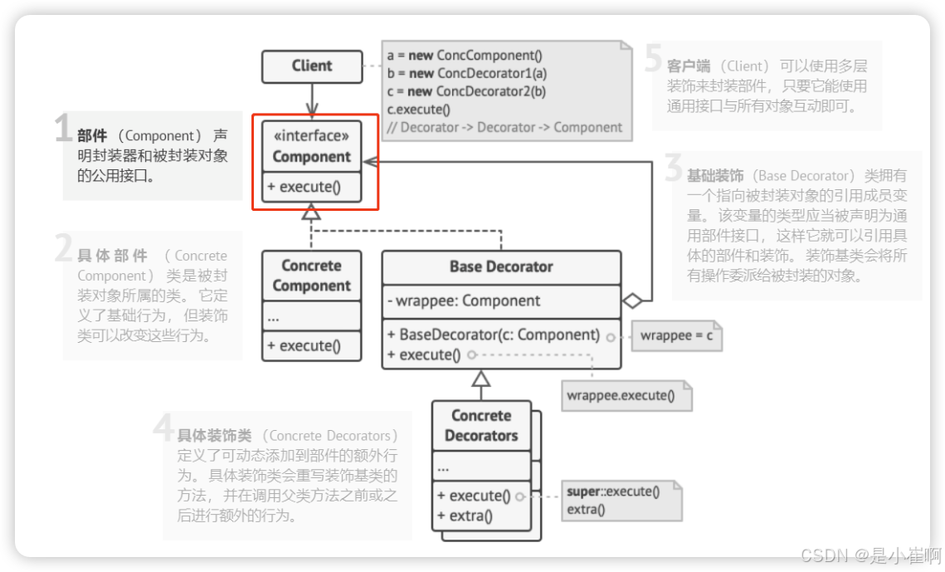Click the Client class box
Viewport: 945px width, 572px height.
click(312, 66)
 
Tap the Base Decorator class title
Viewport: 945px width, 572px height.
click(501, 266)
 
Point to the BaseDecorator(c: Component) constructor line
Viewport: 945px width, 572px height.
click(493, 335)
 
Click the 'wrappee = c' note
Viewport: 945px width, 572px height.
click(676, 336)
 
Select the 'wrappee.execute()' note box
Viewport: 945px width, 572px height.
click(620, 395)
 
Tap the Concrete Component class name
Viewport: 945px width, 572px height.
click(312, 276)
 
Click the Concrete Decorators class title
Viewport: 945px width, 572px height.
click(481, 425)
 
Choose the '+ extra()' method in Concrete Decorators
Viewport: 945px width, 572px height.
click(465, 516)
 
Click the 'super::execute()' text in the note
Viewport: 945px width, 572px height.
click(613, 491)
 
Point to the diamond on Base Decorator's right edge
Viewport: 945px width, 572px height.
click(633, 301)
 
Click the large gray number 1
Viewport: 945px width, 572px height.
click(63, 130)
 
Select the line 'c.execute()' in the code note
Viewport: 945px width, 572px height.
click(419, 110)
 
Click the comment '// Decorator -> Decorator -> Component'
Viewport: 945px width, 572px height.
click(504, 128)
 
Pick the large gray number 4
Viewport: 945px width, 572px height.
click(163, 428)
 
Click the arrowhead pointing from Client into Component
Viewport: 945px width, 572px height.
click(312, 110)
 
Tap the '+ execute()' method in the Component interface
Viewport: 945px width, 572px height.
click(304, 187)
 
